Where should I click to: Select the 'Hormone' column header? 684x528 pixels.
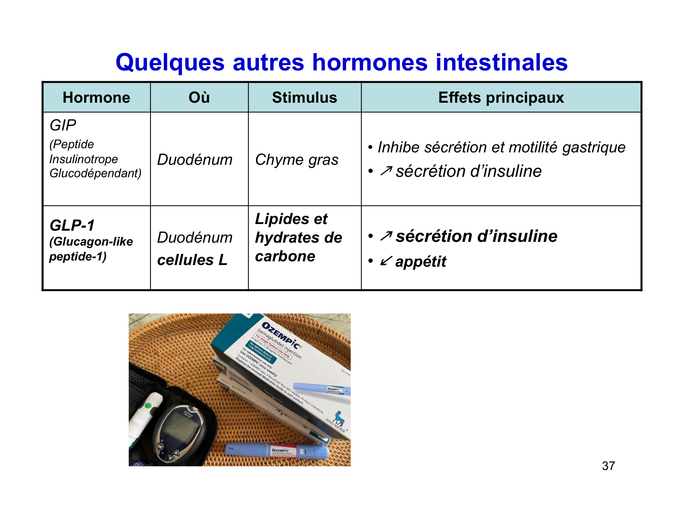pos(96,98)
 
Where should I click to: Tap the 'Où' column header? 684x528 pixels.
pos(199,98)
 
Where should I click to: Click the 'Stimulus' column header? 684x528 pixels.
pos(304,98)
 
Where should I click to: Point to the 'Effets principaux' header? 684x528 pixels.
pos(501,98)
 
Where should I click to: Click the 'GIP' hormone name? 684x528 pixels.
pos(63,125)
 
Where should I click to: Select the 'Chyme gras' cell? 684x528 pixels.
pos(297,160)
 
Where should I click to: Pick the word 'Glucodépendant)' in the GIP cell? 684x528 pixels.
pos(95,173)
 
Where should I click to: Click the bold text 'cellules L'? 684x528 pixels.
pos(192,260)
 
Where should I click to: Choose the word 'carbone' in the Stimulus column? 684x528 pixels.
pos(285,256)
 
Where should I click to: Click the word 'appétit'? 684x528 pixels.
pos(421,262)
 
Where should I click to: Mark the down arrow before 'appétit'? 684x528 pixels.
pos(386,261)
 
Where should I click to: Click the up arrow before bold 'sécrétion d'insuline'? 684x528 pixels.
pos(386,236)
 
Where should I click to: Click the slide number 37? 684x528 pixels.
pos(608,466)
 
